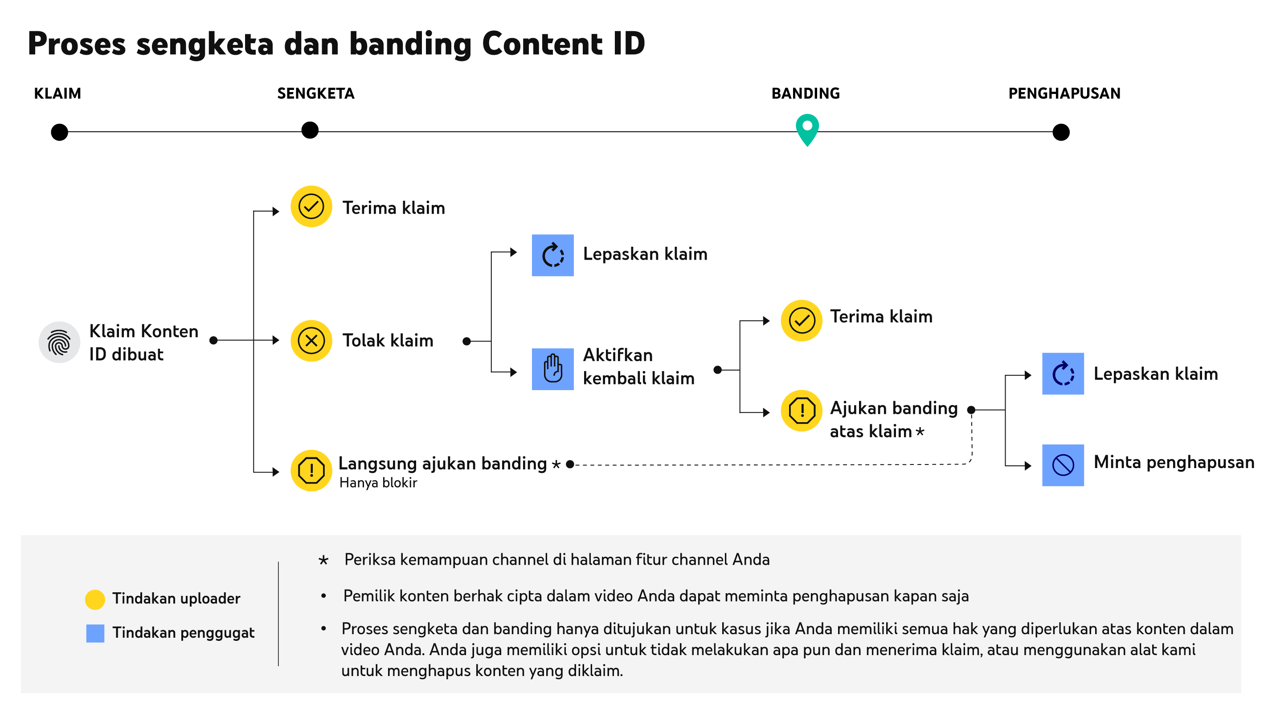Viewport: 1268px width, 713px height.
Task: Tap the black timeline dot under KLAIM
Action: [x=60, y=132]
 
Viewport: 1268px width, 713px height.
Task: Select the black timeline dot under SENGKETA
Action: [x=310, y=130]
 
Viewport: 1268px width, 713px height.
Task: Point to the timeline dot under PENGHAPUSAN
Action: [x=1061, y=132]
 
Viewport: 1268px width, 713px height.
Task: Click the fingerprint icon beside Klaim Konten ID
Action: [x=60, y=342]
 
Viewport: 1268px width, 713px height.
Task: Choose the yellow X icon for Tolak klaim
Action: [x=311, y=341]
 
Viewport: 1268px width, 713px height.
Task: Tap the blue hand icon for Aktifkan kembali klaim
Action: [x=553, y=369]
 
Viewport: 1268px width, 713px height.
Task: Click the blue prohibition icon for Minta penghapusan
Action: [x=1063, y=465]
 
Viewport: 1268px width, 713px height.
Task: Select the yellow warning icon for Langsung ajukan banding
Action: [x=311, y=470]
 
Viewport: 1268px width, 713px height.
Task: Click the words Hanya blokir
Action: [x=378, y=483]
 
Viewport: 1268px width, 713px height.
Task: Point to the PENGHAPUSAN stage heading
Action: [x=1064, y=93]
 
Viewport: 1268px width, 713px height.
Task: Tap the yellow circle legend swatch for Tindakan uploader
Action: [x=95, y=599]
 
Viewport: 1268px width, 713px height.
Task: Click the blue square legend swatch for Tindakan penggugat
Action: [x=95, y=633]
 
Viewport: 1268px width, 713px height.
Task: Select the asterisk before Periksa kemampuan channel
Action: [x=323, y=560]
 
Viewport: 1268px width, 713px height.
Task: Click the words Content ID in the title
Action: [x=563, y=43]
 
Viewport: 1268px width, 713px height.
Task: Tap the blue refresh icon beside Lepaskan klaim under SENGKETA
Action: [x=553, y=255]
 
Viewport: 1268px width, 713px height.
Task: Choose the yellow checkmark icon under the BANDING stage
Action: [x=802, y=320]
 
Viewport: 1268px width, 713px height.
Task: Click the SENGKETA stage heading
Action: [x=315, y=93]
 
